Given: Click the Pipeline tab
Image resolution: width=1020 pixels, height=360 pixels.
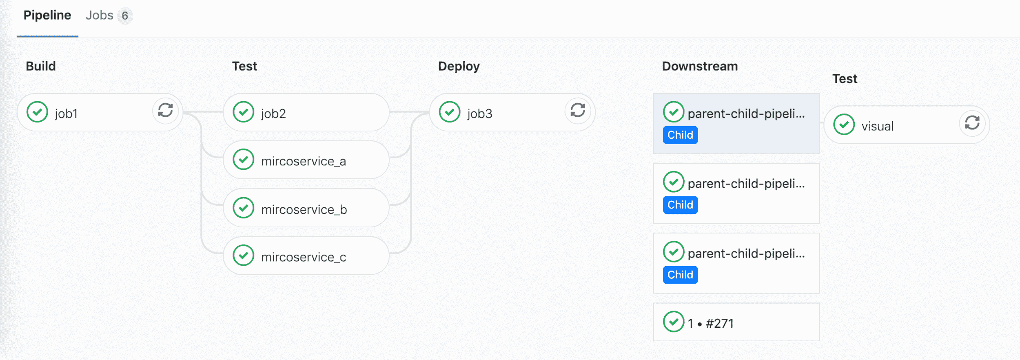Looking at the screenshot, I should pos(47,16).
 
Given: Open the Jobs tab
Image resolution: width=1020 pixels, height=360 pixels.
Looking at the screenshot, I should pos(100,16).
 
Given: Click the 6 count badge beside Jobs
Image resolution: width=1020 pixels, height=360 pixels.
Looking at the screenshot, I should pos(125,16).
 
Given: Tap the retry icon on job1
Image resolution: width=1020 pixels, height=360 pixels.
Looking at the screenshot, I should pos(165,110).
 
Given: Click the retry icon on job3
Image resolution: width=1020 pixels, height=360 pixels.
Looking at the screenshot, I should pos(578,110).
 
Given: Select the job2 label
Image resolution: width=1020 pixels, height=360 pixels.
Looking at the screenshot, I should pos(273,113).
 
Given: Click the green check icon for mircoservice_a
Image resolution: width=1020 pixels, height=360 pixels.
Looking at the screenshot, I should pos(244,160).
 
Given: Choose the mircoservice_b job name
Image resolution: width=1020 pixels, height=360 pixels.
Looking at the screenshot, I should pos(304,210).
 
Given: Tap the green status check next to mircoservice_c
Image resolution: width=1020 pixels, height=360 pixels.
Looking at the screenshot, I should pos(244,256).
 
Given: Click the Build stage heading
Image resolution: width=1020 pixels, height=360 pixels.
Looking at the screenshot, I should pos(41,66).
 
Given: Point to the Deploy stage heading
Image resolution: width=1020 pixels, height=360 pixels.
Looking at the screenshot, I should pos(459,66).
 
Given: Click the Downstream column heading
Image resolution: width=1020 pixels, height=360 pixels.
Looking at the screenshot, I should pos(700,66).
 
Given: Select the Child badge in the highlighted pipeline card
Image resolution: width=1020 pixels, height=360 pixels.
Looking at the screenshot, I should pos(680,135).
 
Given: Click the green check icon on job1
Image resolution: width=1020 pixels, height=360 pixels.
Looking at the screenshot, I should pos(38,112).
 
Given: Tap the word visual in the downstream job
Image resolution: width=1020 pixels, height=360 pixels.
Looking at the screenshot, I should pos(877,127).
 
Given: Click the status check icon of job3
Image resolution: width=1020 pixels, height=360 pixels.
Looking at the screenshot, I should pos(450,112).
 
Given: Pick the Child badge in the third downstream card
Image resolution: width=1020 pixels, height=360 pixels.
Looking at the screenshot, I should pos(680,275).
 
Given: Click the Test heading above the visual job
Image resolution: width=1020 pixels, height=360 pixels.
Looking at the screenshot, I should pos(845,79).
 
